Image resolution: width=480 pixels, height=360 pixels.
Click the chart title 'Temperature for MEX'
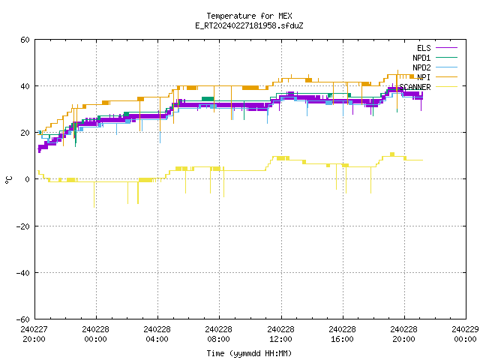pyautogui.click(x=249, y=16)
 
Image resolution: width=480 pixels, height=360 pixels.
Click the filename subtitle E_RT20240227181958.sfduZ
pyautogui.click(x=249, y=25)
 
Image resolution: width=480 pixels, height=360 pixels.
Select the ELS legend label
pyautogui.click(x=424, y=48)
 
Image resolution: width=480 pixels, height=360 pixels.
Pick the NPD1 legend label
pyautogui.click(x=421, y=58)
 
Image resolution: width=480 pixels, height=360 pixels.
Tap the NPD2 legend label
pyautogui.click(x=421, y=67)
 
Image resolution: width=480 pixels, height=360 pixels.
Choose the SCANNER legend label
pyautogui.click(x=415, y=87)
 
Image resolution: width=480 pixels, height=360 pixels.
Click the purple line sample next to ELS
pyautogui.click(x=446, y=48)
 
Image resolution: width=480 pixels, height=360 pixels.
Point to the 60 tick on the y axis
pyautogui.click(x=25, y=40)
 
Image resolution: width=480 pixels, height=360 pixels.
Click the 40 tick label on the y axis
pyautogui.click(x=25, y=86)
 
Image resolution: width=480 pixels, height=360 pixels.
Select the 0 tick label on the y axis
pyautogui.click(x=28, y=179)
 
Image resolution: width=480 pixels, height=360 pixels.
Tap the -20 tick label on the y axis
pyautogui.click(x=23, y=226)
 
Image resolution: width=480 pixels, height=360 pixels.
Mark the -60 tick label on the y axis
pyautogui.click(x=23, y=319)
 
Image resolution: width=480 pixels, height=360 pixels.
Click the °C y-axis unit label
pyautogui.click(x=9, y=180)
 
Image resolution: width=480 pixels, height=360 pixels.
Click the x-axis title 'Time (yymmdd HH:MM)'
pyautogui.click(x=249, y=353)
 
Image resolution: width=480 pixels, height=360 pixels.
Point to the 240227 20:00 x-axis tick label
pyautogui.click(x=34, y=334)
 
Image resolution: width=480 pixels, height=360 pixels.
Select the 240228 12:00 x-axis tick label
pyautogui.click(x=280, y=334)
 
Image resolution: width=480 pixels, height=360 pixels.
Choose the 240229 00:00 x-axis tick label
pyautogui.click(x=465, y=334)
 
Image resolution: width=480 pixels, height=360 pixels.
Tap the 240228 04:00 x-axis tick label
pyautogui.click(x=157, y=334)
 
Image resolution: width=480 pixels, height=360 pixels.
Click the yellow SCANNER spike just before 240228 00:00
pyautogui.click(x=94, y=195)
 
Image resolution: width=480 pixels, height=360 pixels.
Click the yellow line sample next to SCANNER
pyautogui.click(x=446, y=87)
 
